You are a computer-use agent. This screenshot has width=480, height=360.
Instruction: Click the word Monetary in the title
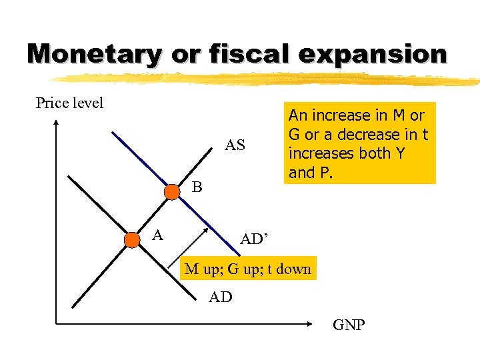94,53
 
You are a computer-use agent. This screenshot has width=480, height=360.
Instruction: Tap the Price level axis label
69,103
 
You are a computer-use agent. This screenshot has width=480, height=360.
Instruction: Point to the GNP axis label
349,325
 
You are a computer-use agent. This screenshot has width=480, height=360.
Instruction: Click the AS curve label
235,145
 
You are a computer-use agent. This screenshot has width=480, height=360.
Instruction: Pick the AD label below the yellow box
220,297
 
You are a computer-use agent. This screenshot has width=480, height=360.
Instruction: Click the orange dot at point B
172,192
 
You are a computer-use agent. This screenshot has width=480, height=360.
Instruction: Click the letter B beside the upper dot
196,187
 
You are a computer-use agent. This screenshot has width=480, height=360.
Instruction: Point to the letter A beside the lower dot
157,234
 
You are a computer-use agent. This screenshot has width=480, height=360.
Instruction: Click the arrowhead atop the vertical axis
57,122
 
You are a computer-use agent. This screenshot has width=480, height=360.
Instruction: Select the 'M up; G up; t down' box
247,269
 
